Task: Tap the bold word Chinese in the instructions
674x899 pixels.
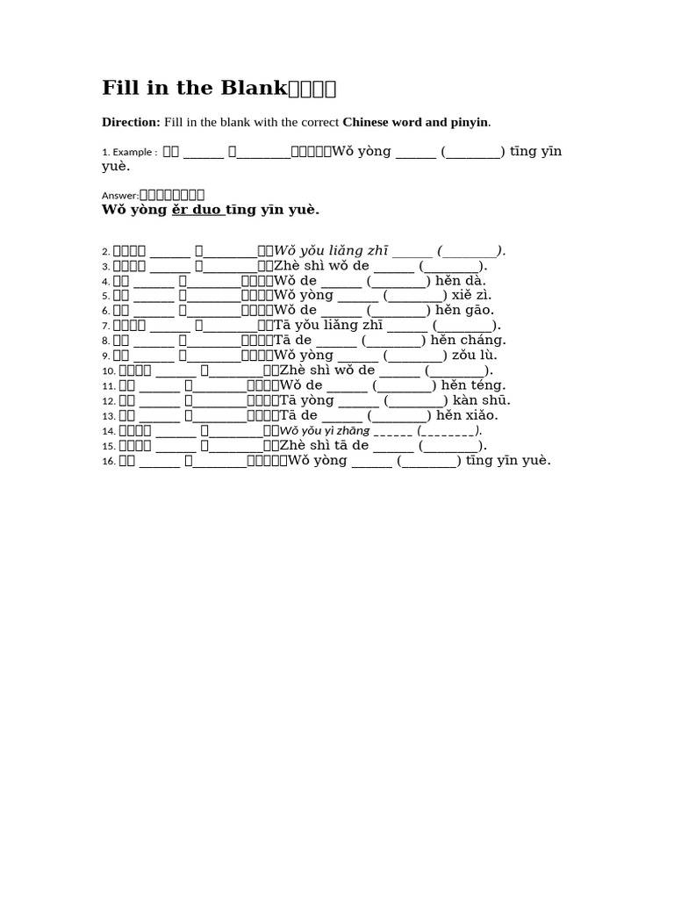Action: coord(373,122)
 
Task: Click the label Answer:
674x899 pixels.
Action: coord(121,196)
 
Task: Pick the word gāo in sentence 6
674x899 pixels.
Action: coord(484,310)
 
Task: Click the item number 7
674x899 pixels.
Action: coord(105,326)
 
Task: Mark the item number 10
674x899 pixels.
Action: coord(108,370)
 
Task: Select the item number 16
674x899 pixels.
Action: coord(108,461)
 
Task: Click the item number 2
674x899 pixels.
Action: coord(105,251)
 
